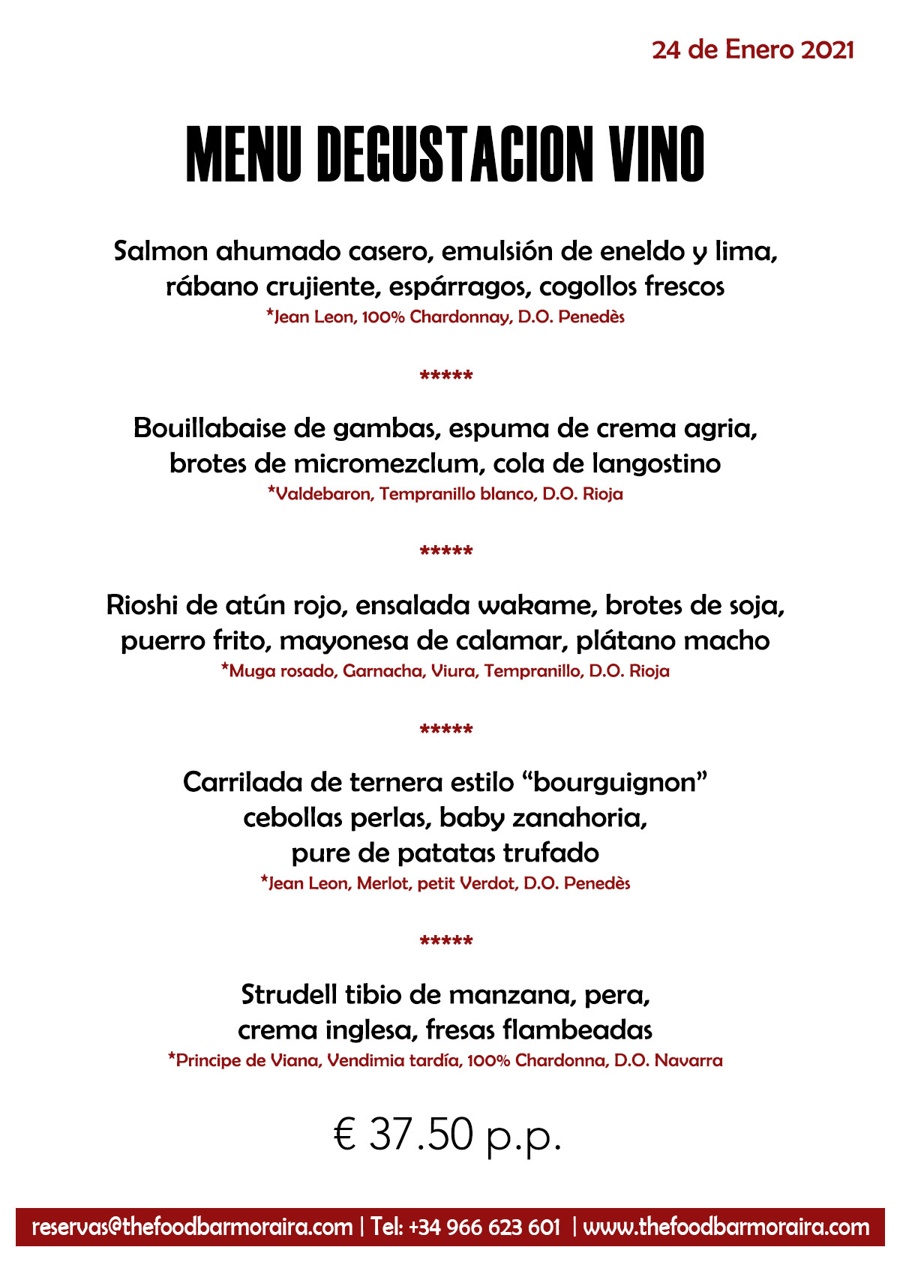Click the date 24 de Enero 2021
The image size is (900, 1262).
coord(752,50)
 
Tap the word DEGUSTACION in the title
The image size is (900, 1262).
coord(456,154)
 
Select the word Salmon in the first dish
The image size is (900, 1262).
coord(160,251)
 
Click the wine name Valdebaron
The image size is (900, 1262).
coord(323,494)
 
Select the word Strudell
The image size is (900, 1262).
coord(289,995)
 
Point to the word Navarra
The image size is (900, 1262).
coord(688,1061)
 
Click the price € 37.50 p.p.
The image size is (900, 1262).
coord(448,1135)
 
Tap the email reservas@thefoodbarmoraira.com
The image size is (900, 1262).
coord(192,1228)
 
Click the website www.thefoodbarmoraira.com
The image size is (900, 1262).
coord(726,1228)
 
